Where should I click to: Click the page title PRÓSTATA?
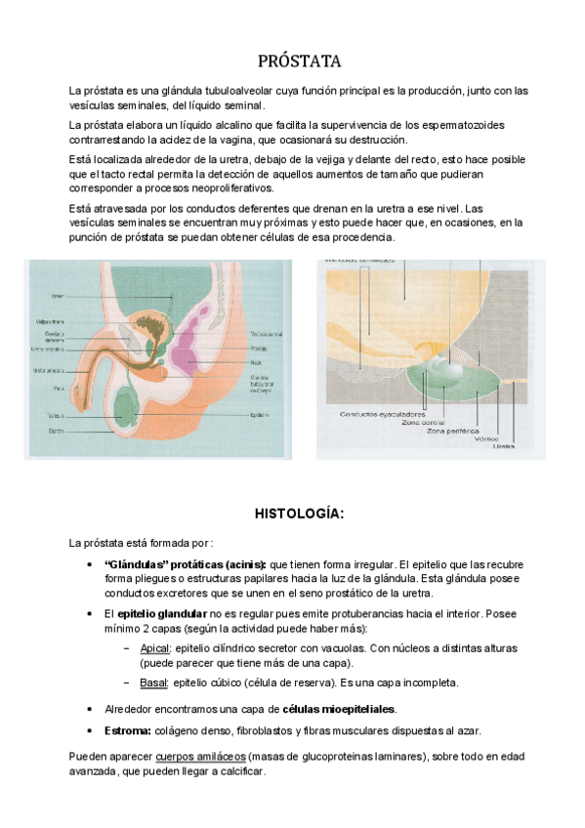299,62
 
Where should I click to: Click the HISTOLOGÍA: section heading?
299,513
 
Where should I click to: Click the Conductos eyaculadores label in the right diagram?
375,413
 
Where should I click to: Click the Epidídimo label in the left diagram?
259,414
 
